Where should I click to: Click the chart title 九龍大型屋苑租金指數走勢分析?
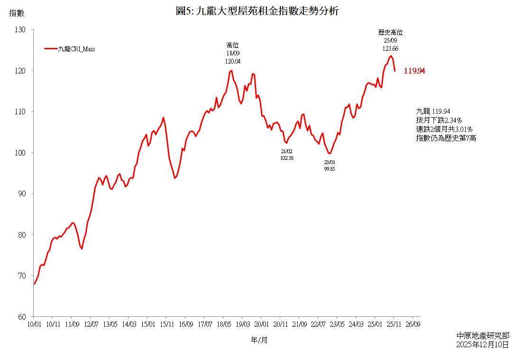(257, 11)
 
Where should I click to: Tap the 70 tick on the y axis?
(22, 276)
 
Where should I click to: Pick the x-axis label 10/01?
(34, 324)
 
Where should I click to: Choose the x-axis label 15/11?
(166, 324)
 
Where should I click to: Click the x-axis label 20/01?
(261, 324)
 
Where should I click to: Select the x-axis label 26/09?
(413, 324)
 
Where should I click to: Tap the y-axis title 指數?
(17, 13)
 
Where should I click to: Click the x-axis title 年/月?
(259, 340)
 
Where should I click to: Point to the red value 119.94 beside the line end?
(414, 71)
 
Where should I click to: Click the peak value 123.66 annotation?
(390, 48)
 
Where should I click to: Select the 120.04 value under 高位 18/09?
(232, 61)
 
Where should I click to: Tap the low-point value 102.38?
(287, 158)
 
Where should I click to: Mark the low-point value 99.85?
(330, 168)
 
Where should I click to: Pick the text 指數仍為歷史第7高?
(446, 138)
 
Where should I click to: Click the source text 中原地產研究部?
(482, 335)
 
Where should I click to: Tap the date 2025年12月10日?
(482, 344)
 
